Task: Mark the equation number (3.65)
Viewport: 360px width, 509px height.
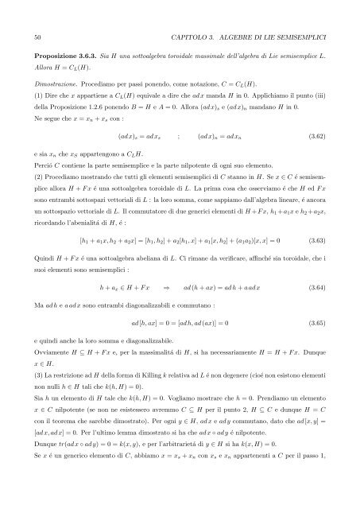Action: tap(316, 345)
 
